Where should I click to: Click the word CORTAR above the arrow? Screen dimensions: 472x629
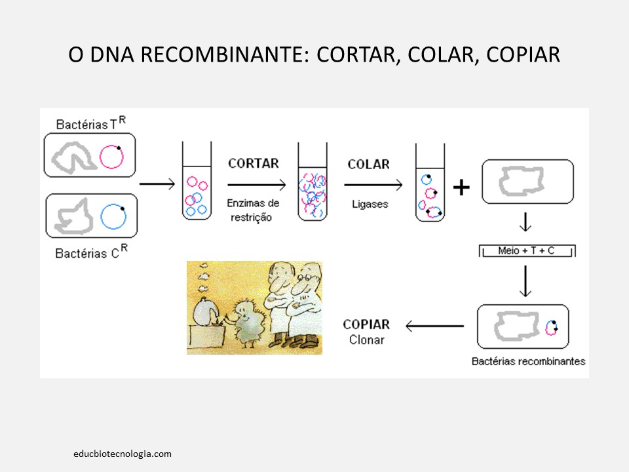(x=254, y=163)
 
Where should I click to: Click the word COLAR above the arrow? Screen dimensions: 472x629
(x=368, y=164)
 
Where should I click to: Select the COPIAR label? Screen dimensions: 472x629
(x=366, y=324)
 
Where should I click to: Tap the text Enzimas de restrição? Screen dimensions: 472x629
(x=254, y=210)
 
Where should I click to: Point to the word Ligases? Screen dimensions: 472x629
(x=369, y=204)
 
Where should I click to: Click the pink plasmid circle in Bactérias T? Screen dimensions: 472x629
(x=111, y=156)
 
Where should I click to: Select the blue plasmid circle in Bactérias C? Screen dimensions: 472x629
(x=113, y=216)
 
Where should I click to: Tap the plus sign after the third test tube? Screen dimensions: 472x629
(x=461, y=188)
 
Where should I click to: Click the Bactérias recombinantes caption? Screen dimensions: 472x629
(x=528, y=361)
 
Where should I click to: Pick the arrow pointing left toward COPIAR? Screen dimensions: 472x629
(x=434, y=325)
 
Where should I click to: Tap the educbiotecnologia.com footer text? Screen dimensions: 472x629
(x=123, y=453)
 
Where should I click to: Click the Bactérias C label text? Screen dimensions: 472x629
(x=90, y=251)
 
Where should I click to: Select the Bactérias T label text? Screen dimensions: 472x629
(x=91, y=123)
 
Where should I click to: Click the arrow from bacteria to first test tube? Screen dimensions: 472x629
(x=157, y=183)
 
